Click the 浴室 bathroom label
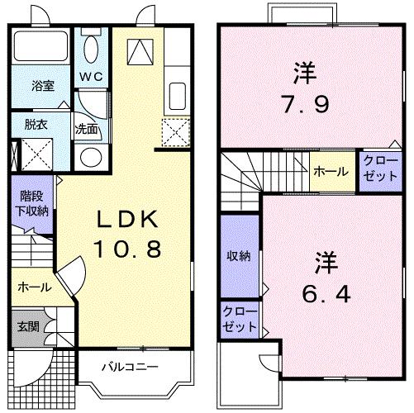coord(43,85)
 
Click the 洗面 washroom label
coord(86,129)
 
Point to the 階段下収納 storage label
coord(33,204)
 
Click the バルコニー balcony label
coord(130,365)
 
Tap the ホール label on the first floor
coord(35,287)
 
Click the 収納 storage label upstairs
coord(239,255)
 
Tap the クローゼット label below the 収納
coord(239,319)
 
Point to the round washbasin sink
coord(90,157)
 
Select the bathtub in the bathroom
coord(43,50)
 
